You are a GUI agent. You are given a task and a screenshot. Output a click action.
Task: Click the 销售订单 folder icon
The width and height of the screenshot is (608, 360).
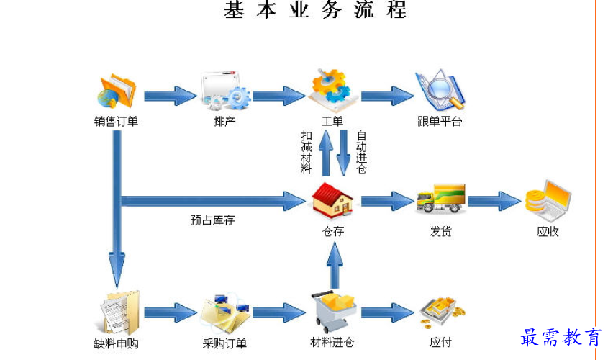pos(117,91)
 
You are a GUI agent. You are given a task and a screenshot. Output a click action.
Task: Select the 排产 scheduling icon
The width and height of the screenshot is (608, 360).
pos(225,91)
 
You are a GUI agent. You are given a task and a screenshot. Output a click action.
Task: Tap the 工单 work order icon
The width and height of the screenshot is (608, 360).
pos(332,89)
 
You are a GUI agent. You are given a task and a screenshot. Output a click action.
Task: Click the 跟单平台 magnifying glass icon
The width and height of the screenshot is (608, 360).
pos(440,89)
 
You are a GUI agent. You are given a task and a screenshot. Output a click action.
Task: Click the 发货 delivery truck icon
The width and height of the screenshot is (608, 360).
pos(440,198)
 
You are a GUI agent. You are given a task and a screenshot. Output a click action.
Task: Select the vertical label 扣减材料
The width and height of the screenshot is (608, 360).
pos(307,153)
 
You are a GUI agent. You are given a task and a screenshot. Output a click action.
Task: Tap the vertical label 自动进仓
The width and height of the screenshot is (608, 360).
pos(361,153)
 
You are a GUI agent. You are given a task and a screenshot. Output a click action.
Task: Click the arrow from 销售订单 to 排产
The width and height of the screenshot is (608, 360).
pos(170,96)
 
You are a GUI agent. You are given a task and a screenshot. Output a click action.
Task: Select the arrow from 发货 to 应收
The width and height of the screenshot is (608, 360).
pos(494,201)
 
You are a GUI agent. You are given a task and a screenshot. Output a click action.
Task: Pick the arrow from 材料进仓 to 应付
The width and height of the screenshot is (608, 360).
pos(387,312)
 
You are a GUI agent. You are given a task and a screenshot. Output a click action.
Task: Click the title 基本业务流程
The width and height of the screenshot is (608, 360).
pos(315,10)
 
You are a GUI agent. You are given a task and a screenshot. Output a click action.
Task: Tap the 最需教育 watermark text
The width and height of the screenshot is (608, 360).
pos(561,337)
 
